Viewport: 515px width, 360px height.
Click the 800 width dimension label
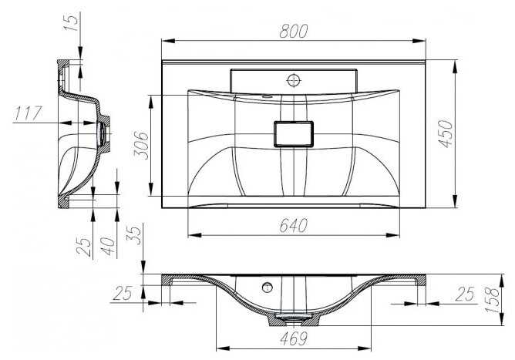click(293, 31)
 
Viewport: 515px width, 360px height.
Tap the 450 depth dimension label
click(446, 133)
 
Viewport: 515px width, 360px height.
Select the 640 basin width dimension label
click(293, 225)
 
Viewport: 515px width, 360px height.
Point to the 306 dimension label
click(141, 145)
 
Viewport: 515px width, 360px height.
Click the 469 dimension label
click(294, 338)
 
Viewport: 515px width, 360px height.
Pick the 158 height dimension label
click(492, 300)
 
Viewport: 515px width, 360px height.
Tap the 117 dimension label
click(28, 113)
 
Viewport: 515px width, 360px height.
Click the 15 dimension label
click(71, 22)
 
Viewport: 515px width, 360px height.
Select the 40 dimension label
click(108, 247)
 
